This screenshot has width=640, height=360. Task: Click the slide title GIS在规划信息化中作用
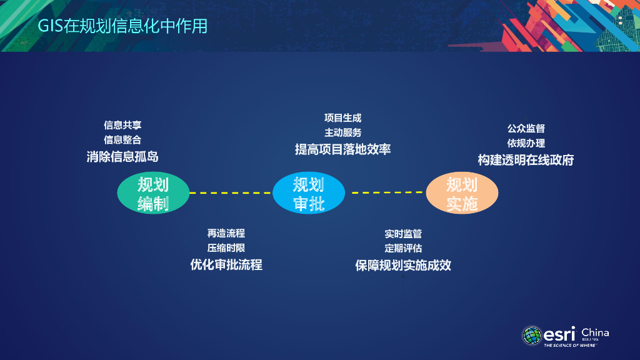(x=123, y=26)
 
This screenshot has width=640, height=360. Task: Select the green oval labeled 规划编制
(x=153, y=193)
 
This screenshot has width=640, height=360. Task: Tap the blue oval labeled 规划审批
(x=309, y=193)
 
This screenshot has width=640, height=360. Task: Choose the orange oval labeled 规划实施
(x=462, y=193)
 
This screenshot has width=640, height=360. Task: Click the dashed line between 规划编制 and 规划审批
(x=231, y=193)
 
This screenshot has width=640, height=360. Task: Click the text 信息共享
(x=122, y=125)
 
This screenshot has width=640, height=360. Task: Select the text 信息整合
(x=122, y=140)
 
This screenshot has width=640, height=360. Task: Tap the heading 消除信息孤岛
(x=122, y=156)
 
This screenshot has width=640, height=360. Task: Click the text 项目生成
(x=342, y=117)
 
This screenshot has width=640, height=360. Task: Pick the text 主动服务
(x=342, y=132)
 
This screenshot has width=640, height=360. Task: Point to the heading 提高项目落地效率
(x=342, y=149)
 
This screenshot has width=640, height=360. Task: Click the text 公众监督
(x=526, y=128)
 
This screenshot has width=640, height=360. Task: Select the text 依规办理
(x=526, y=143)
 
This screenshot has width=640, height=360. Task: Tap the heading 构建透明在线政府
(x=526, y=160)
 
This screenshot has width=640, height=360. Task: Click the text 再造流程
(x=226, y=233)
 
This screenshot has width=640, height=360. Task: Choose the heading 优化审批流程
(x=226, y=264)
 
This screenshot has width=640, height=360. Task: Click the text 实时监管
(x=403, y=234)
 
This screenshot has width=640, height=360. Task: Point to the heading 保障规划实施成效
(x=403, y=265)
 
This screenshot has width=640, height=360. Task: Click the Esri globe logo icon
(x=532, y=336)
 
